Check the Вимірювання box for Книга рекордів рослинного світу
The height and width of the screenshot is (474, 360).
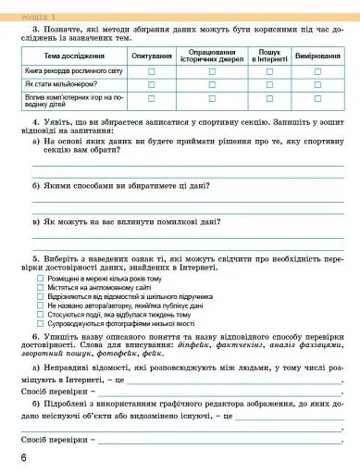tap(317, 70)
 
